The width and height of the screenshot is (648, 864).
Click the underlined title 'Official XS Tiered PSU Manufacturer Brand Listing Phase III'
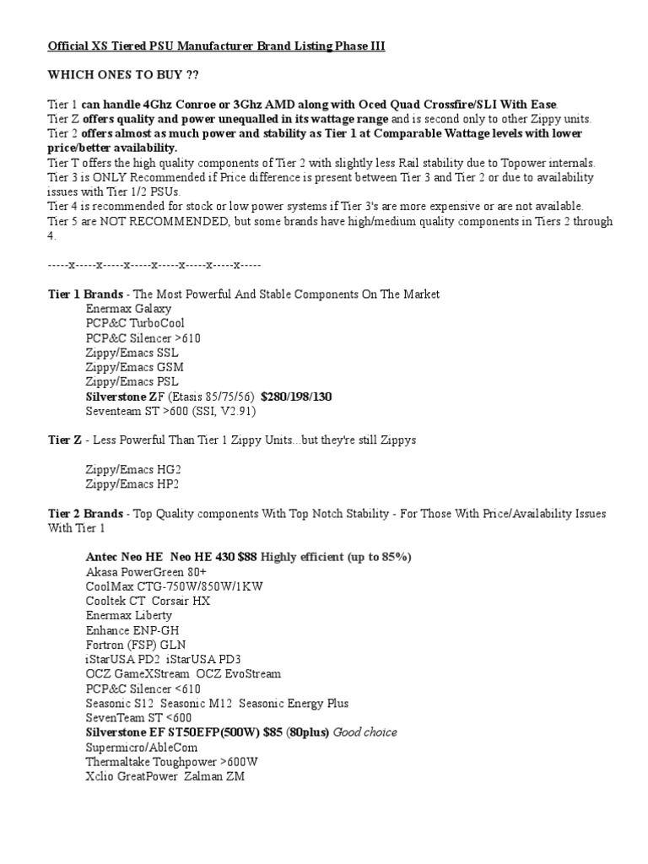click(x=216, y=46)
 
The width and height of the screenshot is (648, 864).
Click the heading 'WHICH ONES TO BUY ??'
click(x=123, y=75)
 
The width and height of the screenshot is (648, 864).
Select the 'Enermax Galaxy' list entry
click(x=128, y=309)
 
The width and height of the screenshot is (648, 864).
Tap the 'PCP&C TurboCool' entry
click(x=135, y=323)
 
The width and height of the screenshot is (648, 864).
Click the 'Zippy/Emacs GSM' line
click(x=134, y=367)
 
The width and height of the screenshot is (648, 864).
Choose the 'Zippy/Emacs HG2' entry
click(x=133, y=469)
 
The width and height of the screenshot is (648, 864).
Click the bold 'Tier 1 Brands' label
click(x=85, y=294)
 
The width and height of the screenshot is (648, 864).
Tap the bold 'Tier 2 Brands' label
click(x=85, y=513)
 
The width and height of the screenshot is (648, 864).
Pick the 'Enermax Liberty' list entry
click(x=129, y=615)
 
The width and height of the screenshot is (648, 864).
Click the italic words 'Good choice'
click(x=365, y=732)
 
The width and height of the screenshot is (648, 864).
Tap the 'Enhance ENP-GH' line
click(x=132, y=630)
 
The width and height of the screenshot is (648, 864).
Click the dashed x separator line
click(x=154, y=265)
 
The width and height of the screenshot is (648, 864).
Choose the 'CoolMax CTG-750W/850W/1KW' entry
click(x=174, y=586)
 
